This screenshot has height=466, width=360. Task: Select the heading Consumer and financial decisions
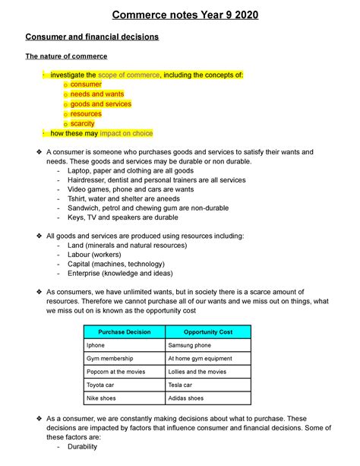(x=92, y=36)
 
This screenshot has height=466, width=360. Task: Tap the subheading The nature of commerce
(x=67, y=56)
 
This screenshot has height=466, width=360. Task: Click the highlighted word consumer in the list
(x=86, y=84)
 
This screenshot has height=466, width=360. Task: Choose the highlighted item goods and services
(x=101, y=104)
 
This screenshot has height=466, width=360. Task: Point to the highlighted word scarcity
(x=84, y=123)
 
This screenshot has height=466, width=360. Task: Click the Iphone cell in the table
(x=96, y=346)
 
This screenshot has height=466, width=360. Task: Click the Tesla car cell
(x=182, y=385)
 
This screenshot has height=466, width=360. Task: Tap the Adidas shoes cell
(x=186, y=398)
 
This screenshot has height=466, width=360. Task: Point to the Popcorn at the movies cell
(x=119, y=372)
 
